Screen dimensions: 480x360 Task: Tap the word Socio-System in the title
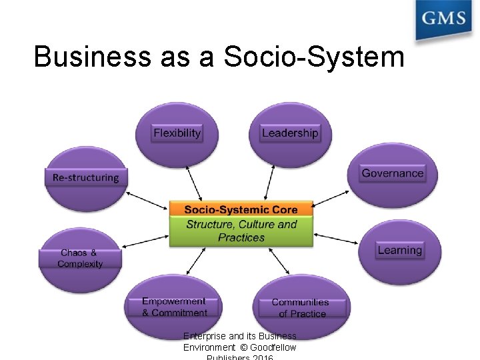(314, 57)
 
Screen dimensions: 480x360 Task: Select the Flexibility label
(177, 133)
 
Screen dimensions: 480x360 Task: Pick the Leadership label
(290, 133)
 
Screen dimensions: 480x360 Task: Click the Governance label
(393, 173)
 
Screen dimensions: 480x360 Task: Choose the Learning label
(399, 251)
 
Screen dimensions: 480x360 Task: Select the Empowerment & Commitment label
(174, 307)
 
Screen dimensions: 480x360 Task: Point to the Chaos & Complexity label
(80, 259)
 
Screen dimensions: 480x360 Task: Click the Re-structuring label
(85, 178)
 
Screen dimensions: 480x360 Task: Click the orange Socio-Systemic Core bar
(241, 209)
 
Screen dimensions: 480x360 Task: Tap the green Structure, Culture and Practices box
(241, 231)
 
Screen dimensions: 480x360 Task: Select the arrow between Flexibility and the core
(195, 181)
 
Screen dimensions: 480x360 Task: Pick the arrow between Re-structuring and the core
(147, 199)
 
